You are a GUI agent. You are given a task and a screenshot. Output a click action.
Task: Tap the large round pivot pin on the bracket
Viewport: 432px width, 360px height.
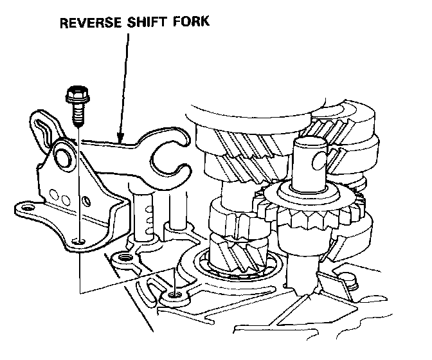click(63, 154)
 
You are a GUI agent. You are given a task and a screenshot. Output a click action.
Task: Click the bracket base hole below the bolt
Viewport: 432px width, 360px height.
click(78, 242)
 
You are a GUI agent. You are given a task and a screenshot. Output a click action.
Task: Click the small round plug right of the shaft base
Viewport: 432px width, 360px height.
click(352, 278)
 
